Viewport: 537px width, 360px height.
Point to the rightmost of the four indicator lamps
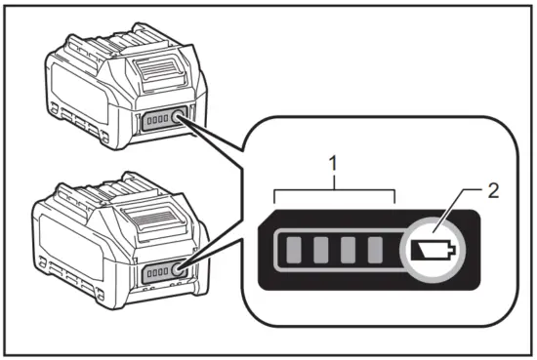[x=376, y=251]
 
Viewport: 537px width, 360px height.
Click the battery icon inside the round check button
[x=431, y=251]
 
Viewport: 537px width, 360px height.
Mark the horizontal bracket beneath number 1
[x=334, y=192]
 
